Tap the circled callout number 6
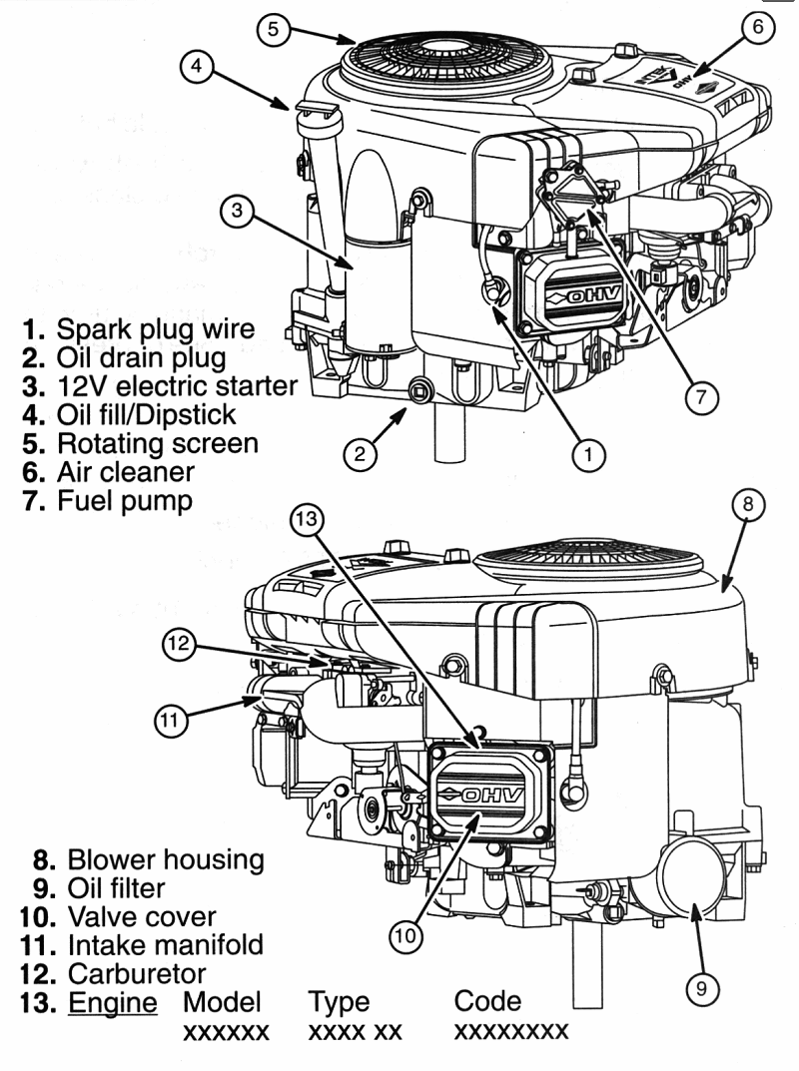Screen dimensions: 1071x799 coord(757,27)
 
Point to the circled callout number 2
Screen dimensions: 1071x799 coord(360,454)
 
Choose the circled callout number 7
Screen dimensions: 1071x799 coord(701,397)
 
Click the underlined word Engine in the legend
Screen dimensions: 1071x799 coord(112,1001)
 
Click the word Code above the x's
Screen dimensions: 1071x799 coord(487,1001)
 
